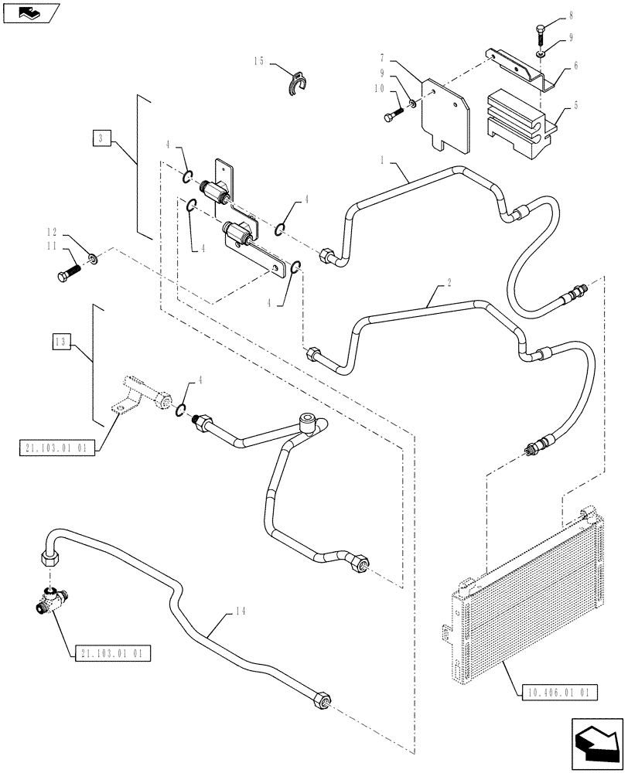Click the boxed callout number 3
pos(101,139)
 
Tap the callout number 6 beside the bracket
pos(576,67)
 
